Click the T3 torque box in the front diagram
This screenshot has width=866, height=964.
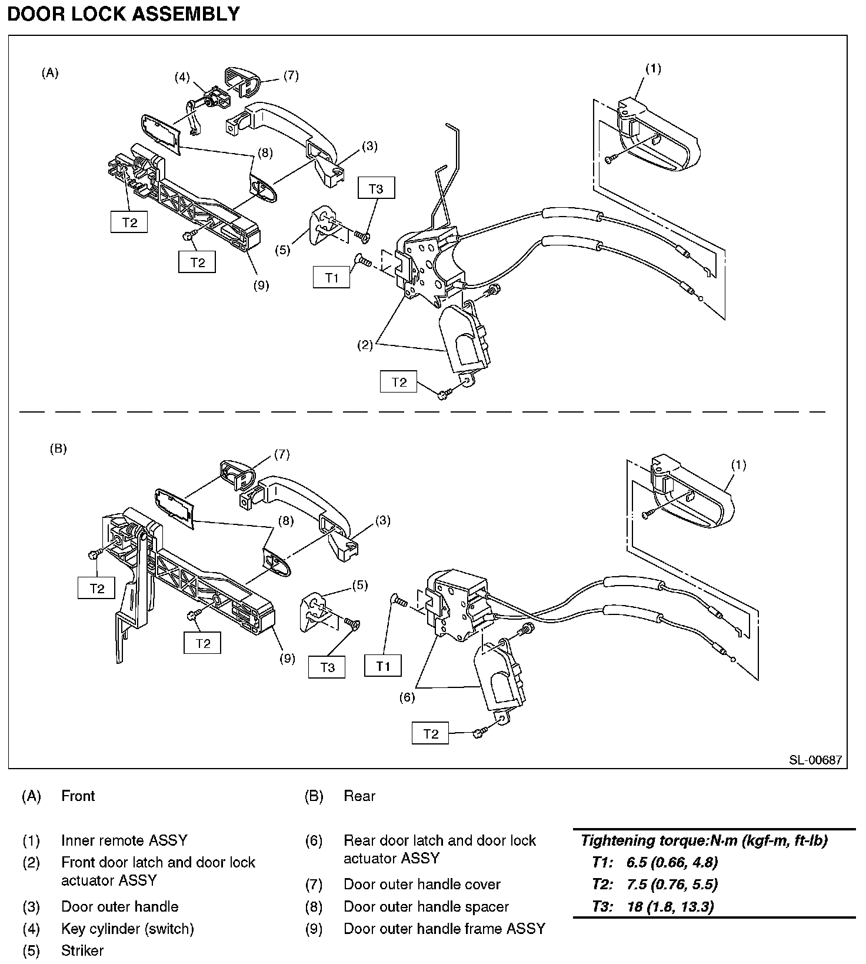point(375,189)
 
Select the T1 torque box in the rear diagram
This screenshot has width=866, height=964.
point(383,666)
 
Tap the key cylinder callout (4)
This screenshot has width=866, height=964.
point(182,77)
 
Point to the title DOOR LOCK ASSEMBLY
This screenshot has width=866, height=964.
point(123,14)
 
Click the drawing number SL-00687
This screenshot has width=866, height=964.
point(815,760)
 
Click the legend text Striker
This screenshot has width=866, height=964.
point(82,950)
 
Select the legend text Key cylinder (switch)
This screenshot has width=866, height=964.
point(128,929)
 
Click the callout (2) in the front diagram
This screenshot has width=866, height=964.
point(365,345)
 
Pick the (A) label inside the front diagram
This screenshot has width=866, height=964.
point(50,73)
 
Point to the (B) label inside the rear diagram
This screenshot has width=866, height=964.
point(58,448)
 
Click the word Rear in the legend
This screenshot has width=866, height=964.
point(359,796)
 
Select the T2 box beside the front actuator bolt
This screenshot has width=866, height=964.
point(399,382)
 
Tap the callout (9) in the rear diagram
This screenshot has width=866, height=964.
point(287,659)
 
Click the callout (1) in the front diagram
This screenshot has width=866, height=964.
point(653,69)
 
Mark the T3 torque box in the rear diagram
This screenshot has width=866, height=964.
point(328,667)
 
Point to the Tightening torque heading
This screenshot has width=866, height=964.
point(704,840)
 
